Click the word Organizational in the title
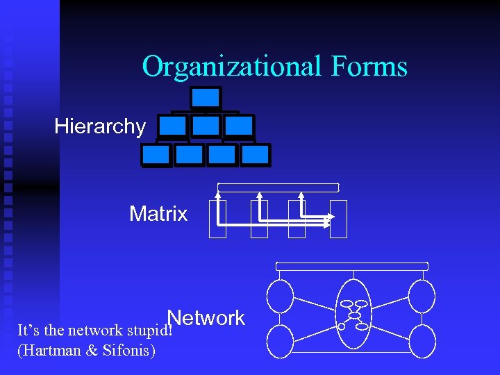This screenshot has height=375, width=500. (x=231, y=67)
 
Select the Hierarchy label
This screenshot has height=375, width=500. (x=100, y=126)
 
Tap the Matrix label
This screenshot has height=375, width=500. (x=158, y=214)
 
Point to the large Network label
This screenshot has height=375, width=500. (x=206, y=318)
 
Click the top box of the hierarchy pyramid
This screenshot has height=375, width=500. (x=206, y=98)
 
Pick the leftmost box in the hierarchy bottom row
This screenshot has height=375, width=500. (x=156, y=154)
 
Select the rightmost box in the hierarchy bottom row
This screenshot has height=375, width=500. (x=255, y=154)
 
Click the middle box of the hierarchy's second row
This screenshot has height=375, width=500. (x=206, y=126)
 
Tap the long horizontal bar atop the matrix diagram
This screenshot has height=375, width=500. (x=278, y=187)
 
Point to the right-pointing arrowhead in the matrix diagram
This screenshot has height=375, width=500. (x=330, y=217)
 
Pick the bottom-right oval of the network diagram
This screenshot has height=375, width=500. (x=422, y=341)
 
